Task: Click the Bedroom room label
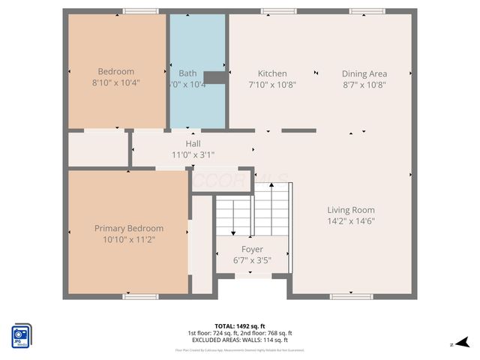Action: (116, 72)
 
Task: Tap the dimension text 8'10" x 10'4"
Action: (116, 83)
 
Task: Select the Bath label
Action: (187, 73)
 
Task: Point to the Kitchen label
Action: (272, 73)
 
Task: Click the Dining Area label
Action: (364, 73)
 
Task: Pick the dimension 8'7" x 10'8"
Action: (364, 85)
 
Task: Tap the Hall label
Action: (193, 143)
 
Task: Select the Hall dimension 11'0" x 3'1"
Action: (193, 154)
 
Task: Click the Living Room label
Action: (350, 210)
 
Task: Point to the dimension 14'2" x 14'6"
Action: (350, 221)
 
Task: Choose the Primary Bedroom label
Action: (128, 228)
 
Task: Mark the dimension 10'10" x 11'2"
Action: (128, 239)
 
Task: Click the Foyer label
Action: (252, 249)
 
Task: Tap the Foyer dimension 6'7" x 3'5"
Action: (252, 260)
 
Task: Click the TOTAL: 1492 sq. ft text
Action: (240, 325)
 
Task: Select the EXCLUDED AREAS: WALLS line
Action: (240, 340)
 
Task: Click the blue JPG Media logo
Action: (21, 335)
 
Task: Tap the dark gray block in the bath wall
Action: (215, 77)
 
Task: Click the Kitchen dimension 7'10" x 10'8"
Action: (272, 85)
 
